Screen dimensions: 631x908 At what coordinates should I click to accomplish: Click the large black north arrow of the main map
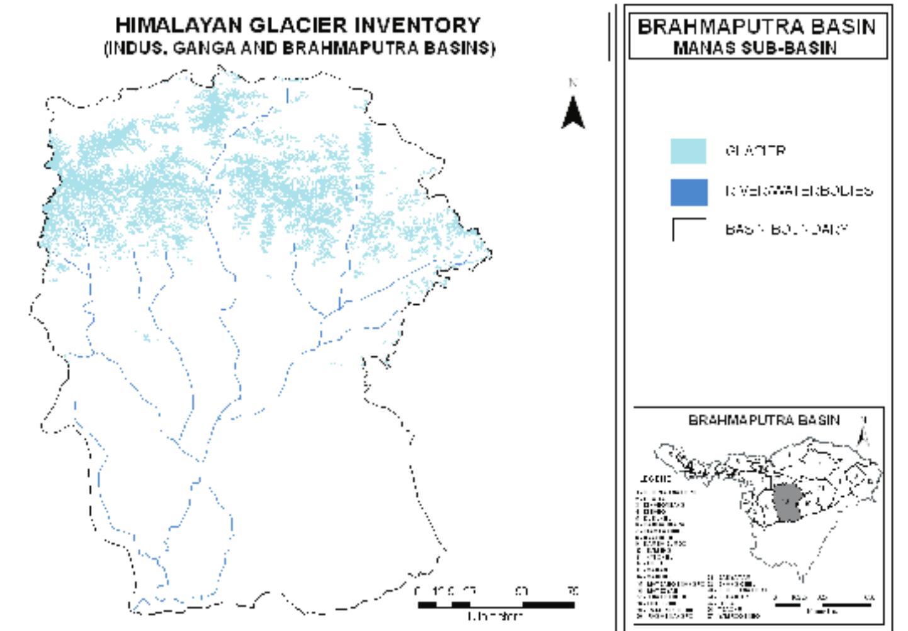573,113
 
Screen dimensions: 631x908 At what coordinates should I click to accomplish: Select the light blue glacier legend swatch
688,152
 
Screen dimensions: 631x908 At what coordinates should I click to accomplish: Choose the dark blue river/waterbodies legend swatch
688,192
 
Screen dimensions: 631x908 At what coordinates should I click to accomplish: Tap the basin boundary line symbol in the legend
688,229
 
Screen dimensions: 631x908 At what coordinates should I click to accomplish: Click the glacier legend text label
755,151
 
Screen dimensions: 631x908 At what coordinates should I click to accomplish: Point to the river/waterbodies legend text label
798,191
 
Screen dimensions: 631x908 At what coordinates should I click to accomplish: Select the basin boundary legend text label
786,229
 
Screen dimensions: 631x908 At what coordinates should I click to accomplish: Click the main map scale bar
496,605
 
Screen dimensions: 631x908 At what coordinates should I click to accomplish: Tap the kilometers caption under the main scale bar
496,617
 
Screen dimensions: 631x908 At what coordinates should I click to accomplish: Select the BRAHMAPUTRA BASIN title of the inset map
763,420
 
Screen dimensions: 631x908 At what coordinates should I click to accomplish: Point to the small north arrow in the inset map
865,431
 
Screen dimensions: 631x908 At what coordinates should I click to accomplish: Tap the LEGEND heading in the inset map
654,479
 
